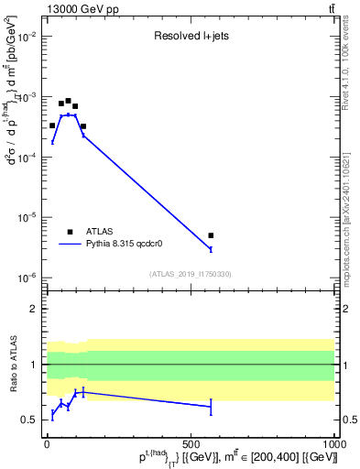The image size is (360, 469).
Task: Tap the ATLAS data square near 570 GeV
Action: click(211, 235)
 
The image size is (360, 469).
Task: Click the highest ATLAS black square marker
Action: click(68, 101)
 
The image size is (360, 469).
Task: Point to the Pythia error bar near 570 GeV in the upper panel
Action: click(211, 249)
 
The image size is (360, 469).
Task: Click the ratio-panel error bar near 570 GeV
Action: click(211, 406)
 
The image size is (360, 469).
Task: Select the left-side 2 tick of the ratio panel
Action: click(35, 309)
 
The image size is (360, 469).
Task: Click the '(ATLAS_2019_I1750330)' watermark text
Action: click(191, 274)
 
